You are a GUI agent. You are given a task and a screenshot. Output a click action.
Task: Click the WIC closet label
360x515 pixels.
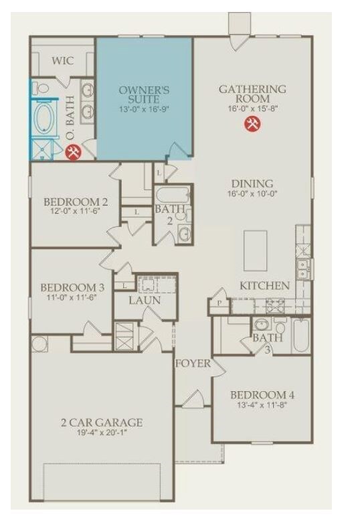pos(64,61)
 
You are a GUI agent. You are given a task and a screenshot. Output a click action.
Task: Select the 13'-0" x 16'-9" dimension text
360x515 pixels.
pos(144,109)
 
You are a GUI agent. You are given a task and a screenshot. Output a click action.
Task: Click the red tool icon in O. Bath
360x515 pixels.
pos(74,152)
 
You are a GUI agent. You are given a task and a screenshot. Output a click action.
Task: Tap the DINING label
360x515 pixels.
pos(252,183)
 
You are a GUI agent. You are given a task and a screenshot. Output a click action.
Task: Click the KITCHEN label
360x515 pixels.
pos(265,285)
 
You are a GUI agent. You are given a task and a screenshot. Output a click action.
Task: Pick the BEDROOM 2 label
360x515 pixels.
pos(76,202)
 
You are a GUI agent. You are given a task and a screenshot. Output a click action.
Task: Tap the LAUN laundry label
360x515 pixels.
pos(145,300)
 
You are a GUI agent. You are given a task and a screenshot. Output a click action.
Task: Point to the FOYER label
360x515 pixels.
pos(193,364)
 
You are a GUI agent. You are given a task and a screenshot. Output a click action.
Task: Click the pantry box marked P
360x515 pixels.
pos(219,302)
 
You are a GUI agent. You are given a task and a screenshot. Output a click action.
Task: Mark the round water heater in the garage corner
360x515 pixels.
pos(39,344)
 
